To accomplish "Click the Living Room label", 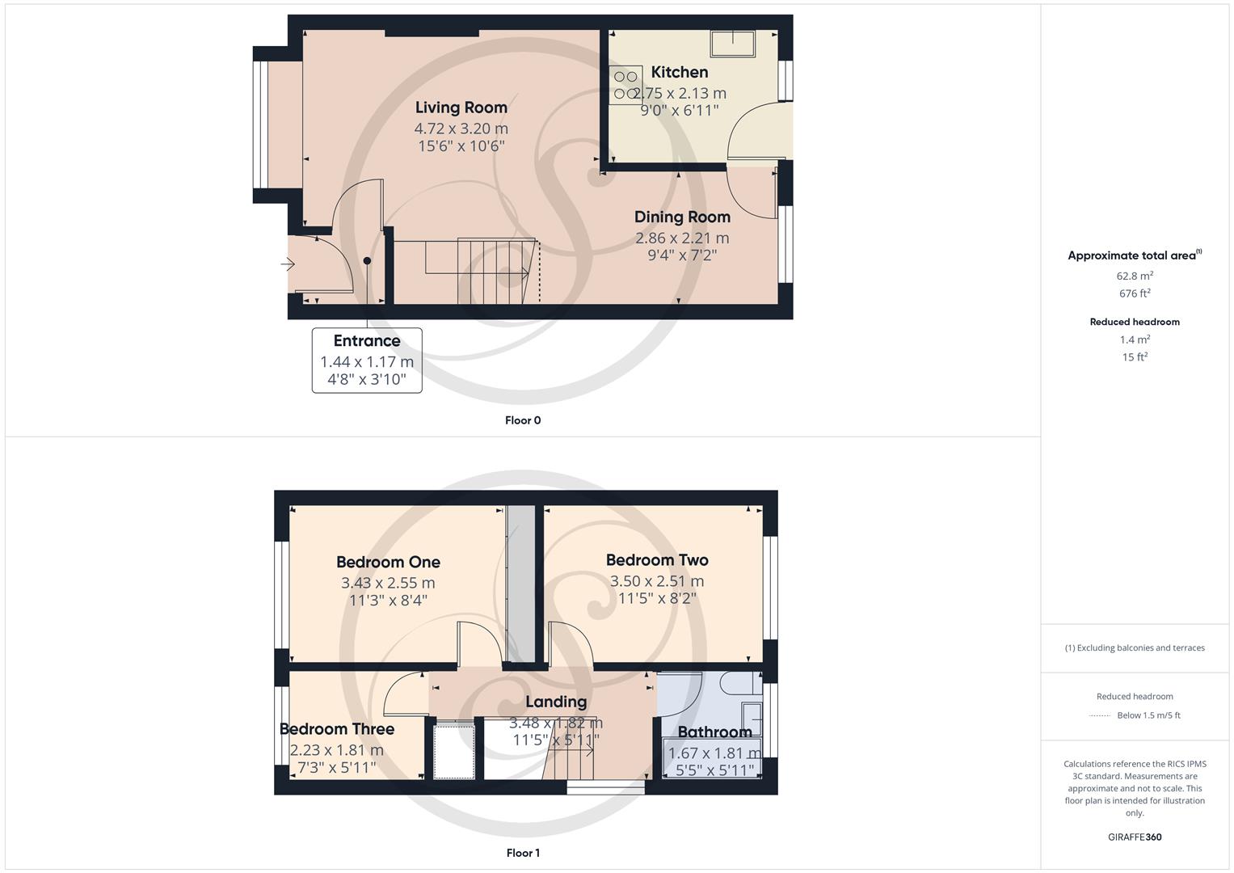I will pyautogui.click(x=461, y=108).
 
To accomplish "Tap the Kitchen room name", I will pyautogui.click(x=680, y=72).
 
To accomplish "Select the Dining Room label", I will pyautogui.click(x=682, y=217).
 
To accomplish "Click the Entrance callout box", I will pyautogui.click(x=367, y=361).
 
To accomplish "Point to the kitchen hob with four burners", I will pyautogui.click(x=626, y=85).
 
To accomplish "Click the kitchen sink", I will pyautogui.click(x=732, y=44).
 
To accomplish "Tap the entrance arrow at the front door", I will pyautogui.click(x=288, y=264).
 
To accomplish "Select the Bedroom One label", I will pyautogui.click(x=388, y=562).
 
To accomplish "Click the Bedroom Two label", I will pyautogui.click(x=657, y=559).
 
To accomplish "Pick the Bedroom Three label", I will pyautogui.click(x=337, y=729).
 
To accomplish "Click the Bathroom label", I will pyautogui.click(x=714, y=732).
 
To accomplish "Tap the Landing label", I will pyautogui.click(x=556, y=702).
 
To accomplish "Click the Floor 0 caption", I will pyautogui.click(x=523, y=420).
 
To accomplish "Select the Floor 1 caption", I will pyautogui.click(x=523, y=853).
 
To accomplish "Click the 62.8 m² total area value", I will pyautogui.click(x=1135, y=276).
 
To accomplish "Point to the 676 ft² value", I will pyautogui.click(x=1135, y=293).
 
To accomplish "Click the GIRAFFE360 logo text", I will pyautogui.click(x=1135, y=837).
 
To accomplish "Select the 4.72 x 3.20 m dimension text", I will pyautogui.click(x=461, y=129).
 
